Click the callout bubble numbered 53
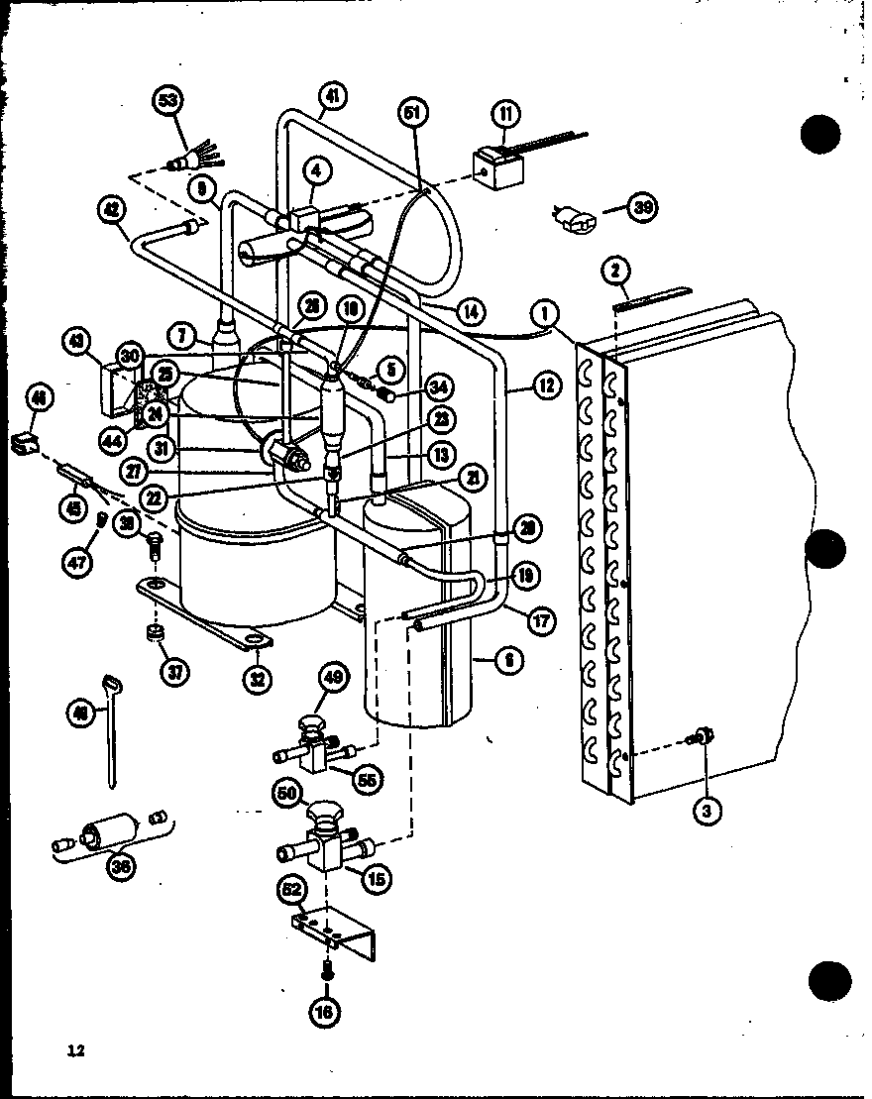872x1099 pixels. coord(169,102)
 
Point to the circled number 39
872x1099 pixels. coord(646,207)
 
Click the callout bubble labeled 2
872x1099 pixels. coord(615,271)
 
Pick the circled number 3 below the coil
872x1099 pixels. coord(706,810)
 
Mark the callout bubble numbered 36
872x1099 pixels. coord(122,865)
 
